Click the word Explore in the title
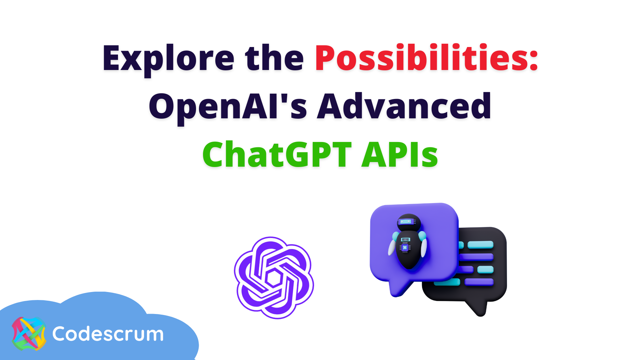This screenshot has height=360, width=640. coord(168,58)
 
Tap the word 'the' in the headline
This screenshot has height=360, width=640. coord(274,58)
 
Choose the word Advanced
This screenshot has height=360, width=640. coord(404,107)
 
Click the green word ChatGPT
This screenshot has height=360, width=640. coord(277,155)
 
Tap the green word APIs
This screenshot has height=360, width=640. coord(400,155)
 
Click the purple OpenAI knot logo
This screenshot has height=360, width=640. coord(274,277)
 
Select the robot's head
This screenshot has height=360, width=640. coord(409,222)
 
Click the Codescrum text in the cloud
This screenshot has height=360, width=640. coord(108,334)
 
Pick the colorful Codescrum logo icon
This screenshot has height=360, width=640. coord(29,334)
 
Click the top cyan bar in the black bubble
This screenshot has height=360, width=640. coord(480,245)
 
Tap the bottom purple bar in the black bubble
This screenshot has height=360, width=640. coord(479,282)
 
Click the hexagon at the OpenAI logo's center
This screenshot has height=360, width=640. coord(274,278)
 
